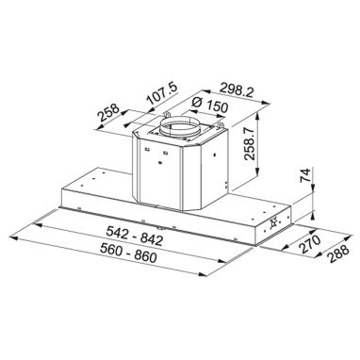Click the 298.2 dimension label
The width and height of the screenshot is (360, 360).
[237, 90]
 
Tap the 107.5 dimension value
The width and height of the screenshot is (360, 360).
[162, 93]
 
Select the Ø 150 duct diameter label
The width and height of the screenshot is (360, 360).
[209, 106]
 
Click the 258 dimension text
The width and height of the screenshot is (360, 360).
[108, 112]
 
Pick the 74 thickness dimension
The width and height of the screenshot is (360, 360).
[305, 175]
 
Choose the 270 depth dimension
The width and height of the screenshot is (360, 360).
[309, 244]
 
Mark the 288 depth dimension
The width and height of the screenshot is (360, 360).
[338, 254]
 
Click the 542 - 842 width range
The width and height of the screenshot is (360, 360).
[135, 236]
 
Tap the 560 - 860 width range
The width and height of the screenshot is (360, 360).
[128, 254]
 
